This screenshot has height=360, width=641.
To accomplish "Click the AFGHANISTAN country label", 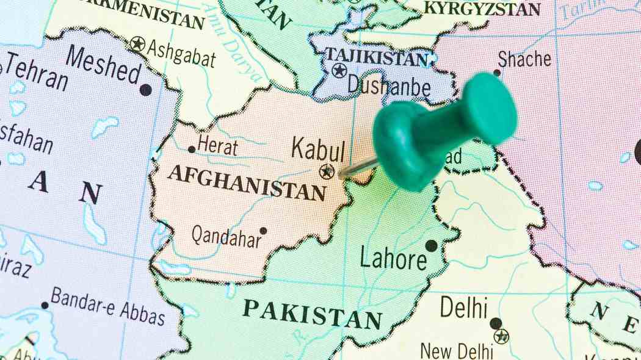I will click(247, 182).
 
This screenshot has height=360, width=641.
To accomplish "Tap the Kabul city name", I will click(318, 149).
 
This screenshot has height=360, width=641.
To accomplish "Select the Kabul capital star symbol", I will click(327, 171).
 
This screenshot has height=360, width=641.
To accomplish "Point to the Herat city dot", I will click(192, 149).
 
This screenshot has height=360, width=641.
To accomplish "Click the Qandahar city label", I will click(226, 236).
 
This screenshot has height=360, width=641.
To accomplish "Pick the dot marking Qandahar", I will click(263, 231).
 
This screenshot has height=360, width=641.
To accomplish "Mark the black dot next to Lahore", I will click(432, 245).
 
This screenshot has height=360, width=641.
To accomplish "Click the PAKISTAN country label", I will click(313, 314).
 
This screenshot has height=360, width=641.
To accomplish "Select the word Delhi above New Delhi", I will click(464, 307).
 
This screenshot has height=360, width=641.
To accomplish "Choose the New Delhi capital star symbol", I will click(501, 336).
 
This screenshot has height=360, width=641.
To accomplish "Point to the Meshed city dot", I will click(145, 90).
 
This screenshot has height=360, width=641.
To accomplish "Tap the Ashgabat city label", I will click(183, 56).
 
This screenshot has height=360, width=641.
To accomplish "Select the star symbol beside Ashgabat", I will click(138, 44).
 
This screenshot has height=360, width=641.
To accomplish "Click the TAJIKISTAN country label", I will click(376, 57).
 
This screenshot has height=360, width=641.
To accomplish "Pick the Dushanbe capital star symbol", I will click(339, 70).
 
